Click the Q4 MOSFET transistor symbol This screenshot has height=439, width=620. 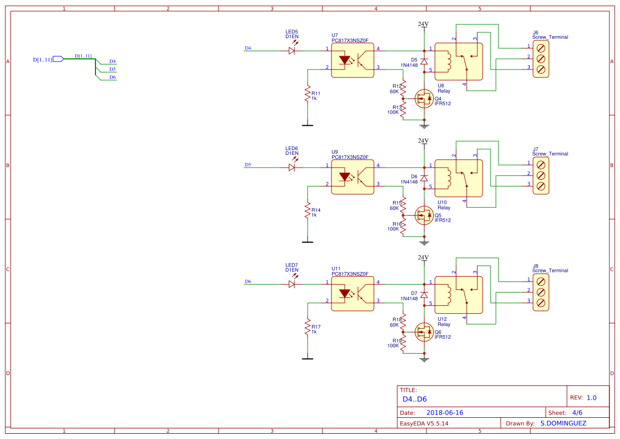424,99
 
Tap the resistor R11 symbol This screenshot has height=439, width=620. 307,94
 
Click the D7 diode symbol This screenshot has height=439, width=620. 424,294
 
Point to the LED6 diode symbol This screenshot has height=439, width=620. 292,167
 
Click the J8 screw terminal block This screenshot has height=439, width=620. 540,292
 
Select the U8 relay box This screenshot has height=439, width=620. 458,62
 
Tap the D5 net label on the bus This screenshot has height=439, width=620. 112,69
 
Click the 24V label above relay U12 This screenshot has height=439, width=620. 423,258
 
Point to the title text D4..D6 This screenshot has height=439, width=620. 415,399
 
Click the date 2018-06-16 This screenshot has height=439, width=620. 444,412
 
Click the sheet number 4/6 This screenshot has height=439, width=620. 578,412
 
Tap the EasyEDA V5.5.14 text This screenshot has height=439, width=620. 424,423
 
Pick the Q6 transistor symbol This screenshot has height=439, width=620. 424,332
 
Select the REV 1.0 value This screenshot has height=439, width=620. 591,398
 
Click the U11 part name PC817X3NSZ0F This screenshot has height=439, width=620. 350,274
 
